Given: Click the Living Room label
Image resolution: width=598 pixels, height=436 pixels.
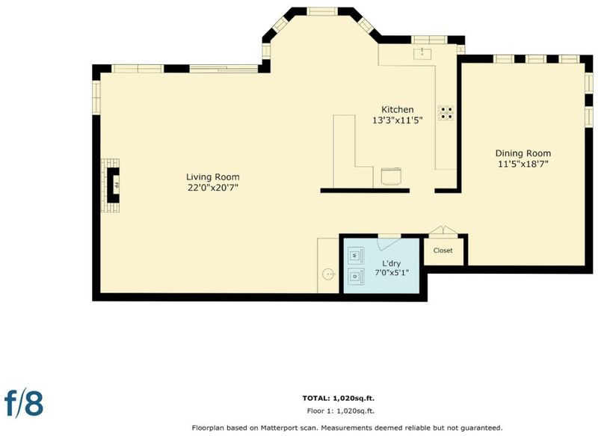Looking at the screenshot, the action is click(213, 177).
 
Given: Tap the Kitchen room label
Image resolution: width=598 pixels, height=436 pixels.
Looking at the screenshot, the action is click(398, 109).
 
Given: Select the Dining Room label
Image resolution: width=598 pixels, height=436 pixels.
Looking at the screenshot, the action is click(523, 153).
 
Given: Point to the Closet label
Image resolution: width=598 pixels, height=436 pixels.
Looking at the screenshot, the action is click(443, 251).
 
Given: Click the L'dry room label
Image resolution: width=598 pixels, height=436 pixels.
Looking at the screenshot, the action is click(391, 263).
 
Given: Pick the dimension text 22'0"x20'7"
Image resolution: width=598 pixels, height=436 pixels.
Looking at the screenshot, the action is click(213, 188).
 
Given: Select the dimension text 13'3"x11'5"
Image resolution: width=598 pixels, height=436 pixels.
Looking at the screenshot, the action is click(398, 120).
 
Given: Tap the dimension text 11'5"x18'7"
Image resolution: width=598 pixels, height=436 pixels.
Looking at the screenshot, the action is click(523, 164).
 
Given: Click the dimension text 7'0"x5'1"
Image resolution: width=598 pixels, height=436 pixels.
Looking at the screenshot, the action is click(391, 273).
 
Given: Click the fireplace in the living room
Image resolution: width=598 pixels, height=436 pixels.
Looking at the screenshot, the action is click(111, 185).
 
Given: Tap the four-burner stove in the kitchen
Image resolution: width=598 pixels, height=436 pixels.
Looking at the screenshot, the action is click(446, 113).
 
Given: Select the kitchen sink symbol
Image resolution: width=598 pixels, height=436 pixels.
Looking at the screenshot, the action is click(422, 54).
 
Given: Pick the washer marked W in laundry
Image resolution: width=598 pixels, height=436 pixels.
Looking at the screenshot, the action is click(356, 255).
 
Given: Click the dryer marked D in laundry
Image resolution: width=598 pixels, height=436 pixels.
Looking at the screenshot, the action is click(356, 276).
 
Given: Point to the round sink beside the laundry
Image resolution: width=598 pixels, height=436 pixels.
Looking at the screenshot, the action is click(328, 274).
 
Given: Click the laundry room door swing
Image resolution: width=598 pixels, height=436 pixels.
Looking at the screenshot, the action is click(388, 244).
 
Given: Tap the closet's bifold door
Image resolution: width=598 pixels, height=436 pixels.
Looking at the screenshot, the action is click(443, 230).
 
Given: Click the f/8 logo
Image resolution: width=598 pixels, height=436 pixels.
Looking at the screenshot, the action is click(24, 402).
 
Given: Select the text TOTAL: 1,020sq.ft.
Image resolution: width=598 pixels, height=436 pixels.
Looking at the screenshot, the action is click(339, 399).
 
